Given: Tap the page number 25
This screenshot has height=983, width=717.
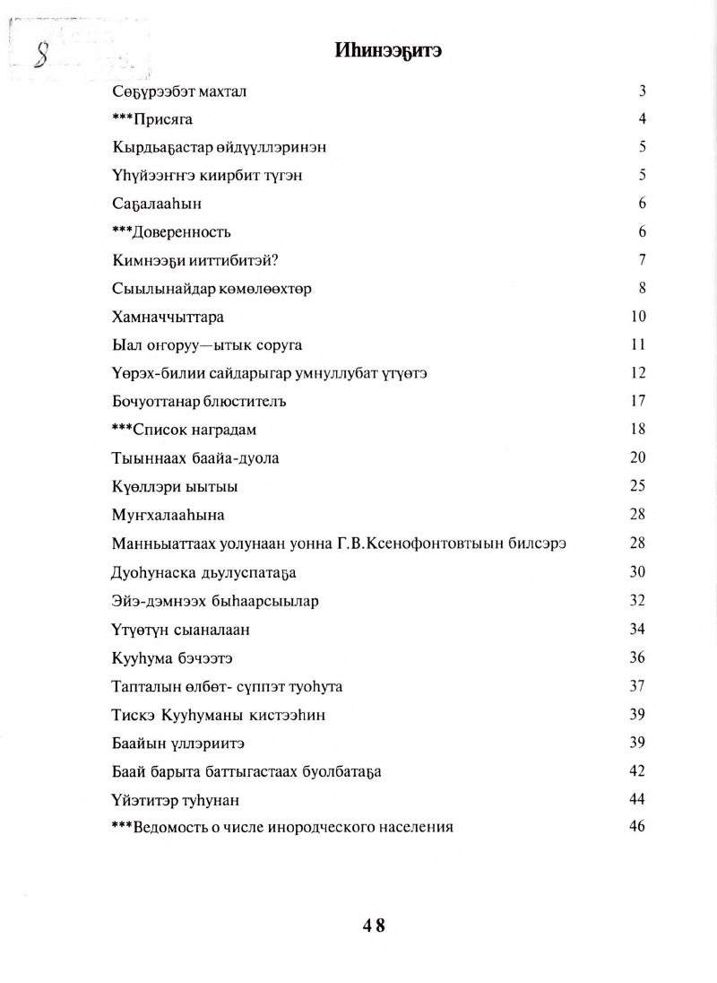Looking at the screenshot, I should click(637, 486).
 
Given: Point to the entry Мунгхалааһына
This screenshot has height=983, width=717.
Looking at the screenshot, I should click(168, 515).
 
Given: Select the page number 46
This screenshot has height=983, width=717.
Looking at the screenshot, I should click(637, 826).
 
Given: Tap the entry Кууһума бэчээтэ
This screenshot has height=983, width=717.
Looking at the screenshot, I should click(172, 657).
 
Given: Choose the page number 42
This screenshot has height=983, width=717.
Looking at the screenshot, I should click(637, 770).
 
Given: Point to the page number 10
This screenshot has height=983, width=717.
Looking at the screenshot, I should click(637, 317).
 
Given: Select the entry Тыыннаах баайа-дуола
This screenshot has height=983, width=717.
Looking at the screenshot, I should click(195, 458).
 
